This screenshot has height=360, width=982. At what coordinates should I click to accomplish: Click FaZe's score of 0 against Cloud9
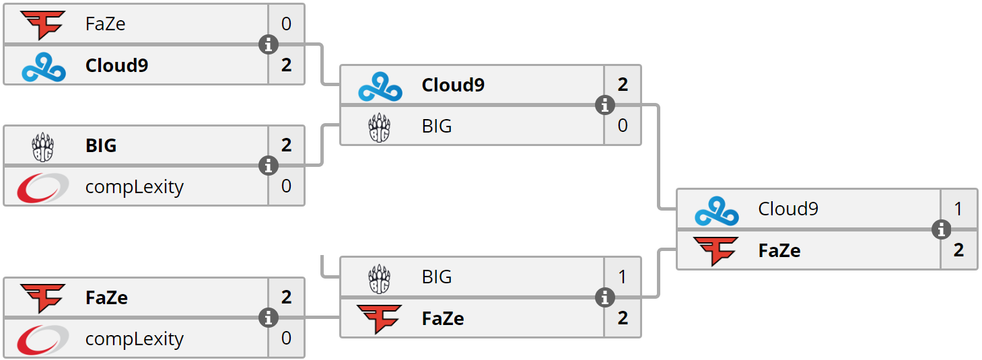pyautogui.click(x=286, y=24)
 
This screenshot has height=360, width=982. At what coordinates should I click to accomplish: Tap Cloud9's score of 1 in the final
pyautogui.click(x=958, y=209)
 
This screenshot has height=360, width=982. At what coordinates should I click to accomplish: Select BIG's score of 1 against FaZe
pyautogui.click(x=622, y=277)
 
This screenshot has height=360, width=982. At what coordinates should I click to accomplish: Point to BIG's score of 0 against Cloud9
pyautogui.click(x=623, y=126)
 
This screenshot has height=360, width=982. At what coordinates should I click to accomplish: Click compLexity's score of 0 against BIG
pyautogui.click(x=286, y=186)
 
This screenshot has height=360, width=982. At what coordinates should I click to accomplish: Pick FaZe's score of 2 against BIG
pyautogui.click(x=623, y=318)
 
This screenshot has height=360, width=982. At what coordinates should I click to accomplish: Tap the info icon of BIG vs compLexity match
pyautogui.click(x=269, y=166)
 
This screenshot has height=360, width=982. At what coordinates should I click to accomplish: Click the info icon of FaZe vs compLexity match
pyautogui.click(x=269, y=318)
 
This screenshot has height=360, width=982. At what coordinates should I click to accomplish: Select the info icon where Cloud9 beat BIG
pyautogui.click(x=605, y=105)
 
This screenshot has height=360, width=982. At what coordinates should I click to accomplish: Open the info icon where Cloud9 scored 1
pyautogui.click(x=941, y=229)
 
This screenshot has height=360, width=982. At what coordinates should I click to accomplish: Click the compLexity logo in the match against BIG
pyautogui.click(x=42, y=187)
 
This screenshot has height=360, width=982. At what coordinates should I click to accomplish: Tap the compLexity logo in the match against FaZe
pyautogui.click(x=42, y=339)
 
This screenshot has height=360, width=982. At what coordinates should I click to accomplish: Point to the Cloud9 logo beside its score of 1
pyautogui.click(x=717, y=211)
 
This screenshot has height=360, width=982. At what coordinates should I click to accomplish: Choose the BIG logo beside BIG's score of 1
pyautogui.click(x=379, y=279)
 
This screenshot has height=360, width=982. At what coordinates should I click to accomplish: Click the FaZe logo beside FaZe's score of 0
pyautogui.click(x=43, y=25)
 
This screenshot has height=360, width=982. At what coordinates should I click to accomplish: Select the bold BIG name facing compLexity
pyautogui.click(x=101, y=145)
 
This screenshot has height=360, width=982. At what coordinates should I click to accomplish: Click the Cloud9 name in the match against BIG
pyautogui.click(x=453, y=85)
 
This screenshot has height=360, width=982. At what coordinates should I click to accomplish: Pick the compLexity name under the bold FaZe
pyautogui.click(x=134, y=339)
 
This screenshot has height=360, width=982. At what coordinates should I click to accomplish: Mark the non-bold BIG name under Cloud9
pyautogui.click(x=437, y=127)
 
